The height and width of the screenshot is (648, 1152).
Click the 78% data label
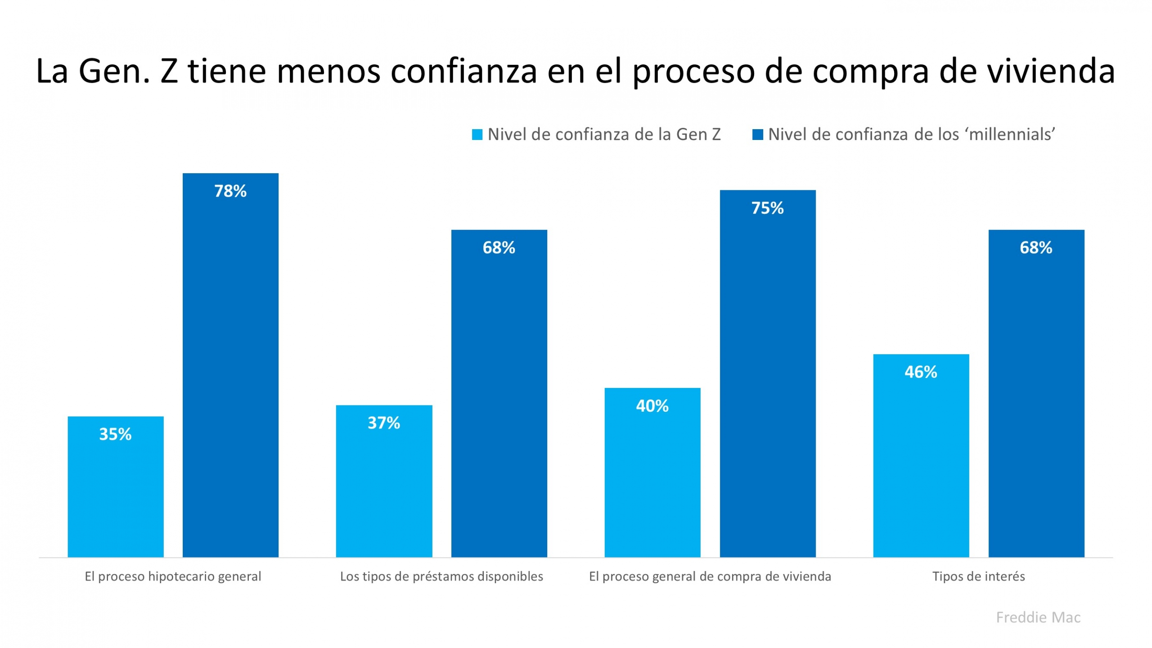pos(230,191)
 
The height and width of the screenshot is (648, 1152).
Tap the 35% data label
pos(115,434)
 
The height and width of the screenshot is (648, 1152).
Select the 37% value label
pos(383,423)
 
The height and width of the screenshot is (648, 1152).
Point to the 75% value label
pos(767,208)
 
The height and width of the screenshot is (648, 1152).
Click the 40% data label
pos(652,406)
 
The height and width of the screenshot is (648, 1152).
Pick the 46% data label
pos(921,372)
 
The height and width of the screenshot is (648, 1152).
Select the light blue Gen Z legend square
pos(477,135)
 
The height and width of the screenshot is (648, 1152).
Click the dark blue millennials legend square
pos(757,135)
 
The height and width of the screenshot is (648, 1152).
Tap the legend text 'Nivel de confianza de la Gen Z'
pos(604,135)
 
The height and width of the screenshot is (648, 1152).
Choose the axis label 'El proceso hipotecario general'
pos(173,576)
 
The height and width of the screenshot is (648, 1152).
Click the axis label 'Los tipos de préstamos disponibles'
pos(441,576)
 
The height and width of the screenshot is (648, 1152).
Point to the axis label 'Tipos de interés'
pos(978,576)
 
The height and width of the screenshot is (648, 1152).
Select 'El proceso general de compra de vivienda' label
pos(710,576)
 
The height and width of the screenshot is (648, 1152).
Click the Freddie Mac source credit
pos(1038,617)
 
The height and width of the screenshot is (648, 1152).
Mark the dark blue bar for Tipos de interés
pos(1036,405)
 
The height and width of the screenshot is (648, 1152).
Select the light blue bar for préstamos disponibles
pos(384,490)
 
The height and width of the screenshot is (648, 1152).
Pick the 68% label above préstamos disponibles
pos(499,247)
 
